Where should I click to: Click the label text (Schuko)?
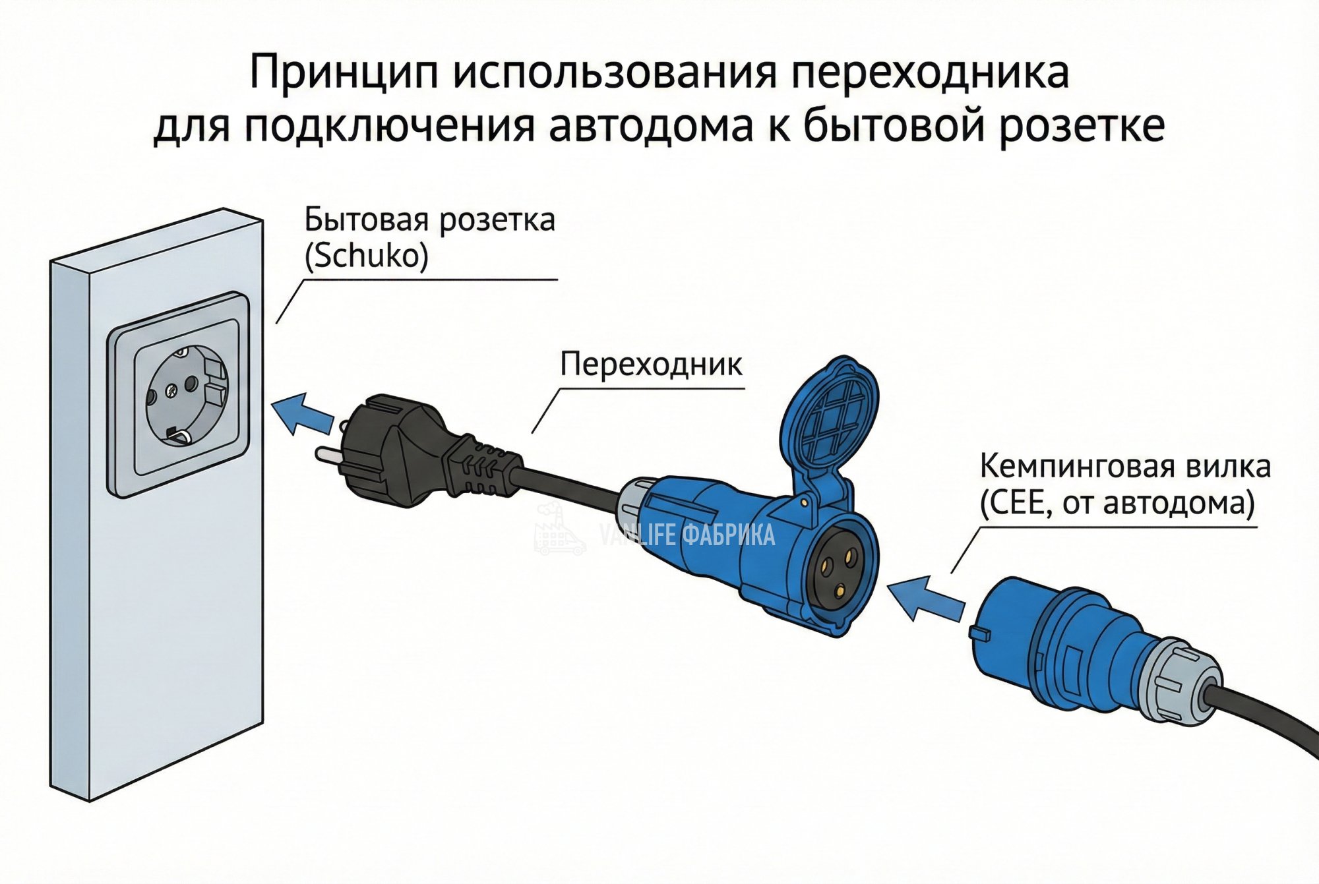tap(367, 256)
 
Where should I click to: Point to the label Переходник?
tap(651, 364)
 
